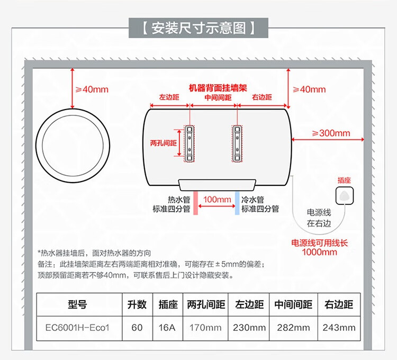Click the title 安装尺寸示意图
pos(198,28)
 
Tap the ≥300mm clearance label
pos(331,133)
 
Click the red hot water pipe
pos(195,203)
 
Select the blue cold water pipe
pos(237,203)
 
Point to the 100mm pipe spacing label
pos(217,200)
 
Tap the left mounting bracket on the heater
pos(190,142)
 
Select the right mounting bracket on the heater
pos(238,142)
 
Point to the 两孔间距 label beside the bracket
pos(163,143)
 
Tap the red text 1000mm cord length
pos(319,252)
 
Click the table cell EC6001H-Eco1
pos(78,328)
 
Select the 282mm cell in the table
pos(293,328)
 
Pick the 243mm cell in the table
pos(339,328)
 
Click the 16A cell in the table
pos(167,328)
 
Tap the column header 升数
pos(137,305)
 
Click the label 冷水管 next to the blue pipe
pos(253,200)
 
